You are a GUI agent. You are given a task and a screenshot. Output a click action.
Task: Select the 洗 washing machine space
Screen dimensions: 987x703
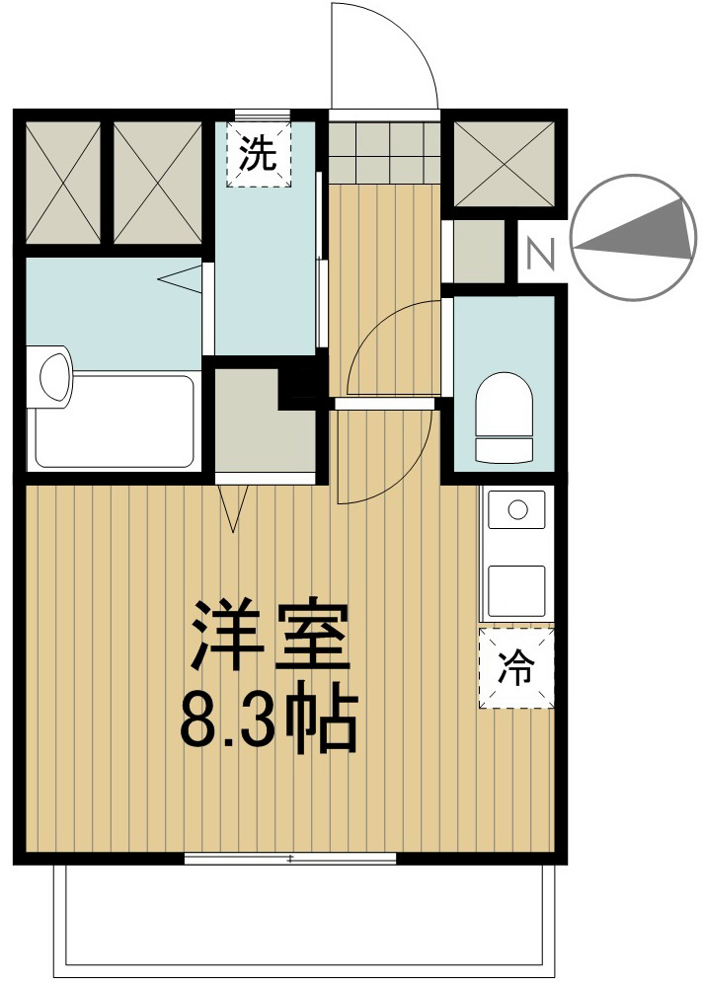pyautogui.click(x=260, y=154)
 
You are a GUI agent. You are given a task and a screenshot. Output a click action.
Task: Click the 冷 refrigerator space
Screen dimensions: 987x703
pyautogui.click(x=514, y=669)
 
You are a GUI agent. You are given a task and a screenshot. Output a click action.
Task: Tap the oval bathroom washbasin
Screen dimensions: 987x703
pyautogui.click(x=53, y=374)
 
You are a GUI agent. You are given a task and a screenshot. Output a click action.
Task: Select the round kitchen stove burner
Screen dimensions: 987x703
pyautogui.click(x=515, y=510)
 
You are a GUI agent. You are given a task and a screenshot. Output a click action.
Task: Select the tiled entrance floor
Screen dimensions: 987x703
pyautogui.click(x=383, y=152)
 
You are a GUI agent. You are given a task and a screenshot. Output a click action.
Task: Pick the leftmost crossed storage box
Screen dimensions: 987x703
pyautogui.click(x=62, y=183)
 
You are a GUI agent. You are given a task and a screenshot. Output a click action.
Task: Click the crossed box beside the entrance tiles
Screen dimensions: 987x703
pyautogui.click(x=504, y=163)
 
